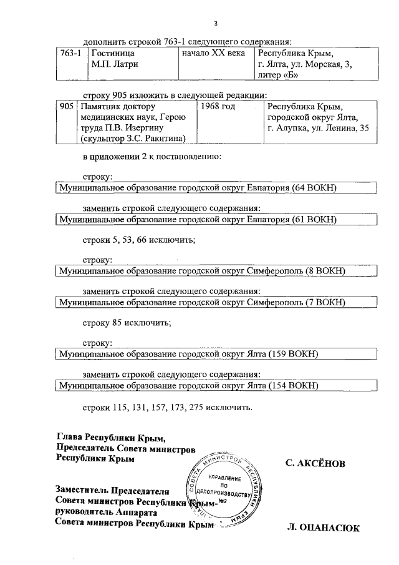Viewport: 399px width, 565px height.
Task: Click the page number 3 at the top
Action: point(216,24)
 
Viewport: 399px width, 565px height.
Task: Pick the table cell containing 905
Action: point(67,107)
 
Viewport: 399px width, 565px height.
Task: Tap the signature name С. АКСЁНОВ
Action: point(314,464)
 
